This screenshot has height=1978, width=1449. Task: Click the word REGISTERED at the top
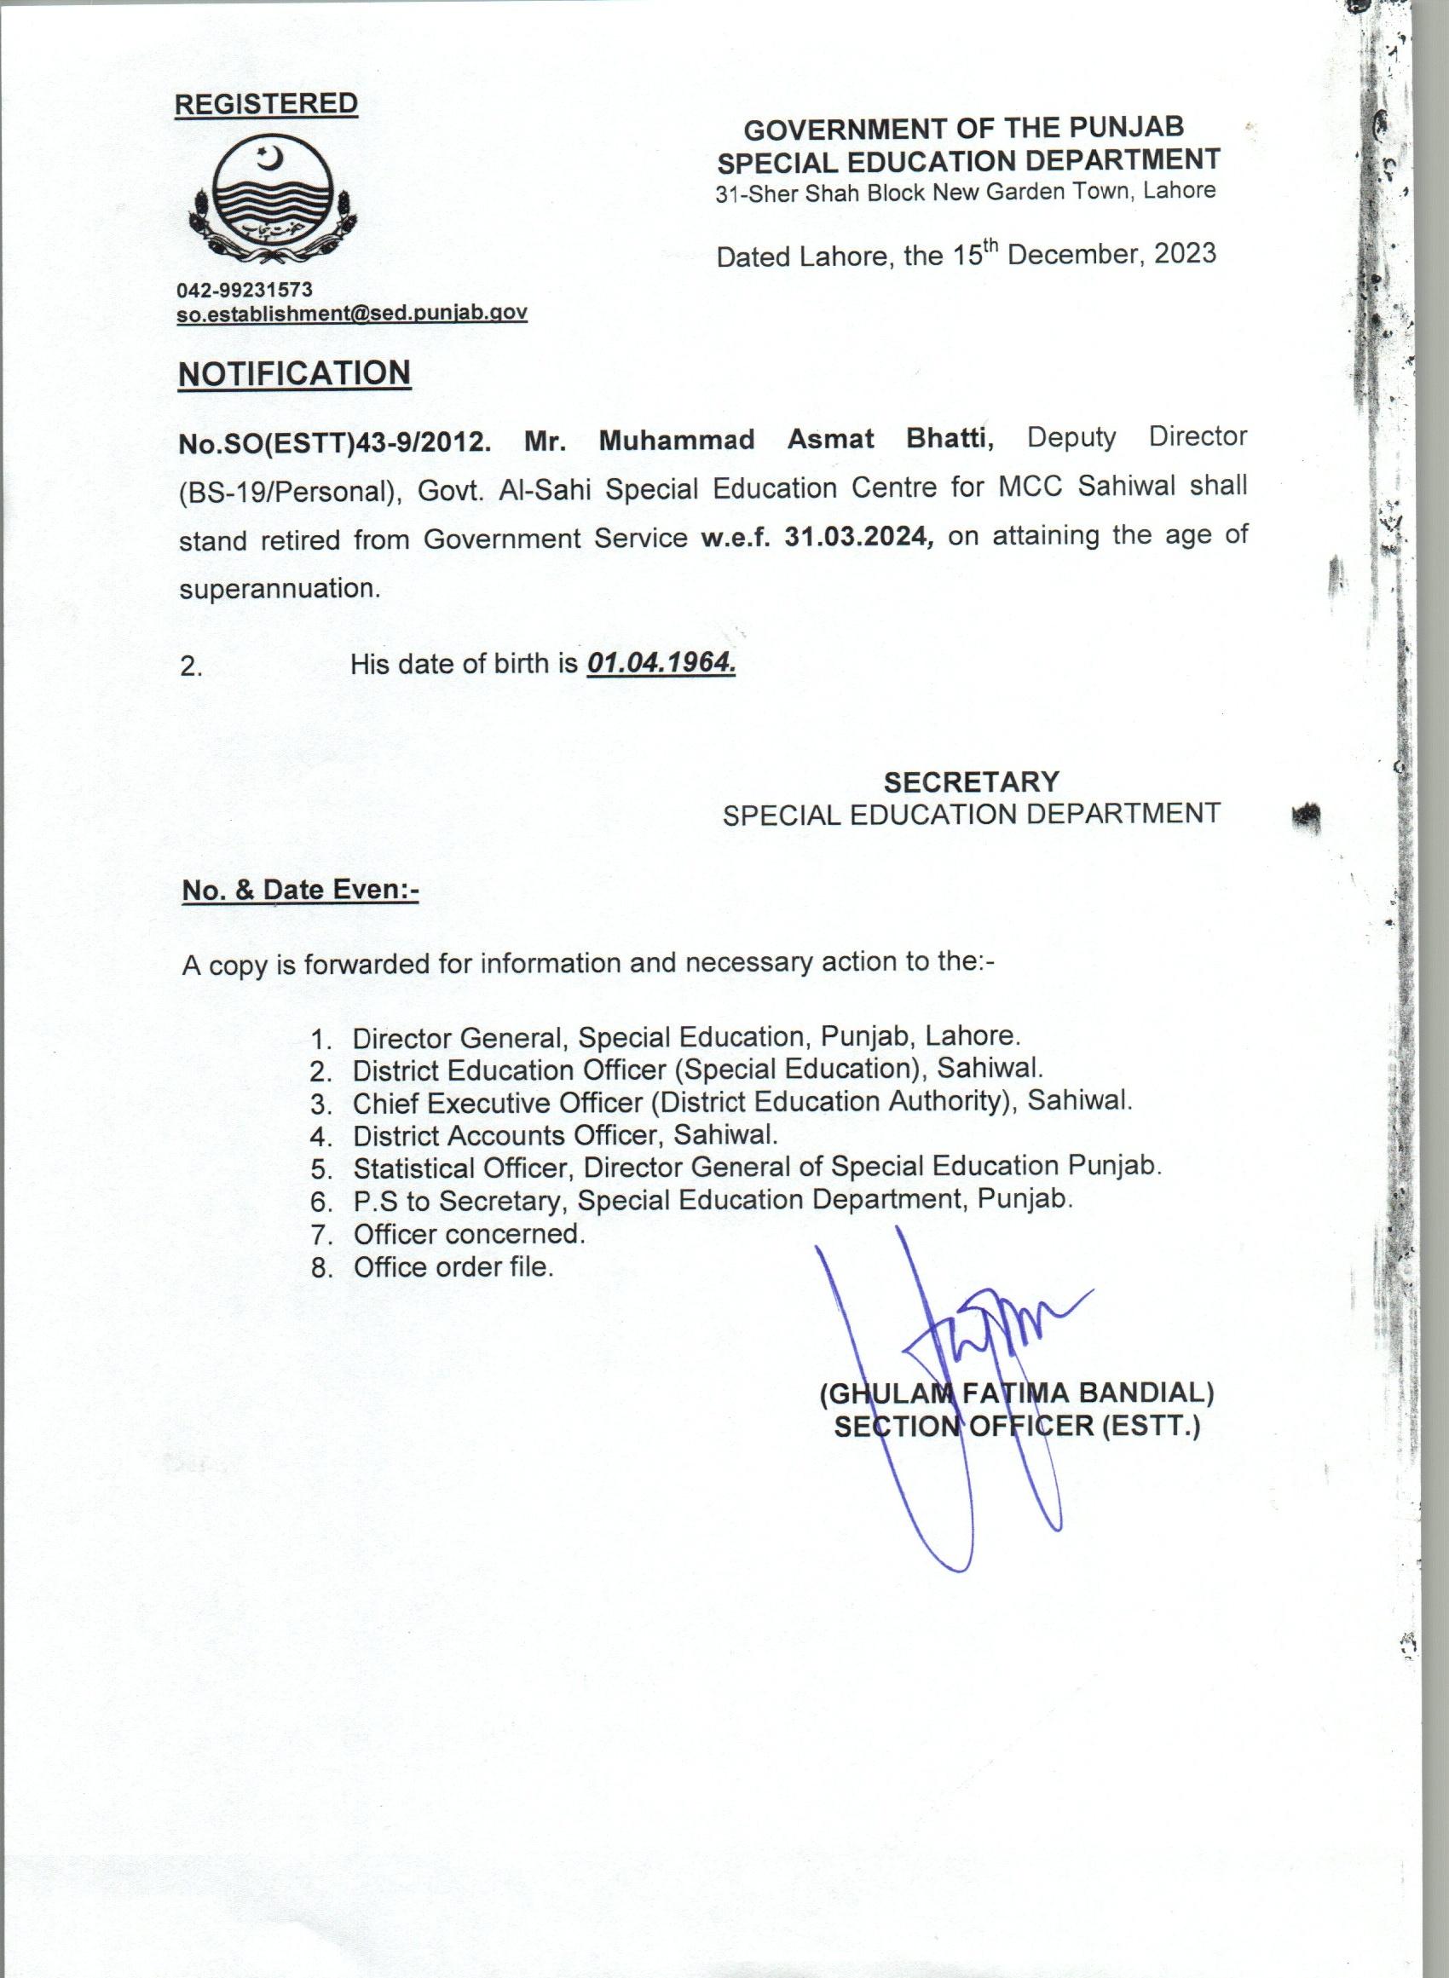[266, 103]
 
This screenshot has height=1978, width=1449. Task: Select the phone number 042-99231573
[245, 290]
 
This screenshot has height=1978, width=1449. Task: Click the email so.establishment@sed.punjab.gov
[352, 313]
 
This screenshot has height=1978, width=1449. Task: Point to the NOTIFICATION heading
[294, 373]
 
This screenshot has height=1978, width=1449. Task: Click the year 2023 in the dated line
[1184, 253]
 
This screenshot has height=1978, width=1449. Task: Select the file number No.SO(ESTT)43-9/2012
[334, 442]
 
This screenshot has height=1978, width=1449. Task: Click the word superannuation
[279, 588]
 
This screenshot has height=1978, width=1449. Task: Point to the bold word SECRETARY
[971, 781]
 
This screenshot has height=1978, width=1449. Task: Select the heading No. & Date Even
[300, 890]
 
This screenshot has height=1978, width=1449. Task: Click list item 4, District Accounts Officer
[565, 1135]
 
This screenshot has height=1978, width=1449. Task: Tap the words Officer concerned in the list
[469, 1234]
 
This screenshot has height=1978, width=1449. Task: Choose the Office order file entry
[453, 1267]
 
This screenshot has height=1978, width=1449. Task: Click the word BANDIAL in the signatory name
[1146, 1393]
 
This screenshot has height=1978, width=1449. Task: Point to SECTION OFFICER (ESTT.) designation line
[1017, 1427]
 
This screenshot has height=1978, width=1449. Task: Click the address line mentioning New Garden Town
[966, 192]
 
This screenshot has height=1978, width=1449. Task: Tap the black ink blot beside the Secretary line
[1308, 816]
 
